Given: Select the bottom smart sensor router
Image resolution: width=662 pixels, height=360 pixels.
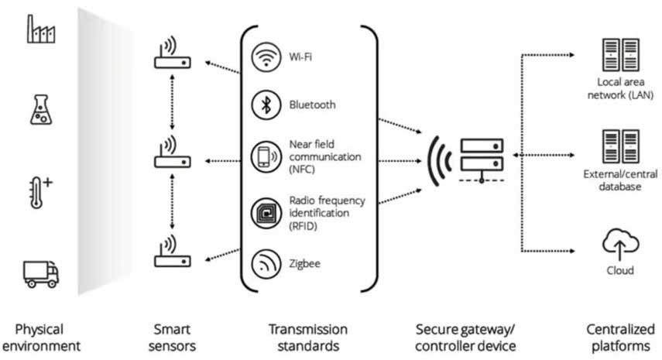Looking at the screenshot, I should pyautogui.click(x=172, y=255).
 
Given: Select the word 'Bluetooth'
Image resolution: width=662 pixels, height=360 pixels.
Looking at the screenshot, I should pyautogui.click(x=312, y=105).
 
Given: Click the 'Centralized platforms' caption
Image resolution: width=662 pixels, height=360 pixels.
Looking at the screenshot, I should pyautogui.click(x=619, y=337).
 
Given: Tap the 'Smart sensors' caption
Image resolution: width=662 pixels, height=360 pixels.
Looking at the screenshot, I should pyautogui.click(x=172, y=337).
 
